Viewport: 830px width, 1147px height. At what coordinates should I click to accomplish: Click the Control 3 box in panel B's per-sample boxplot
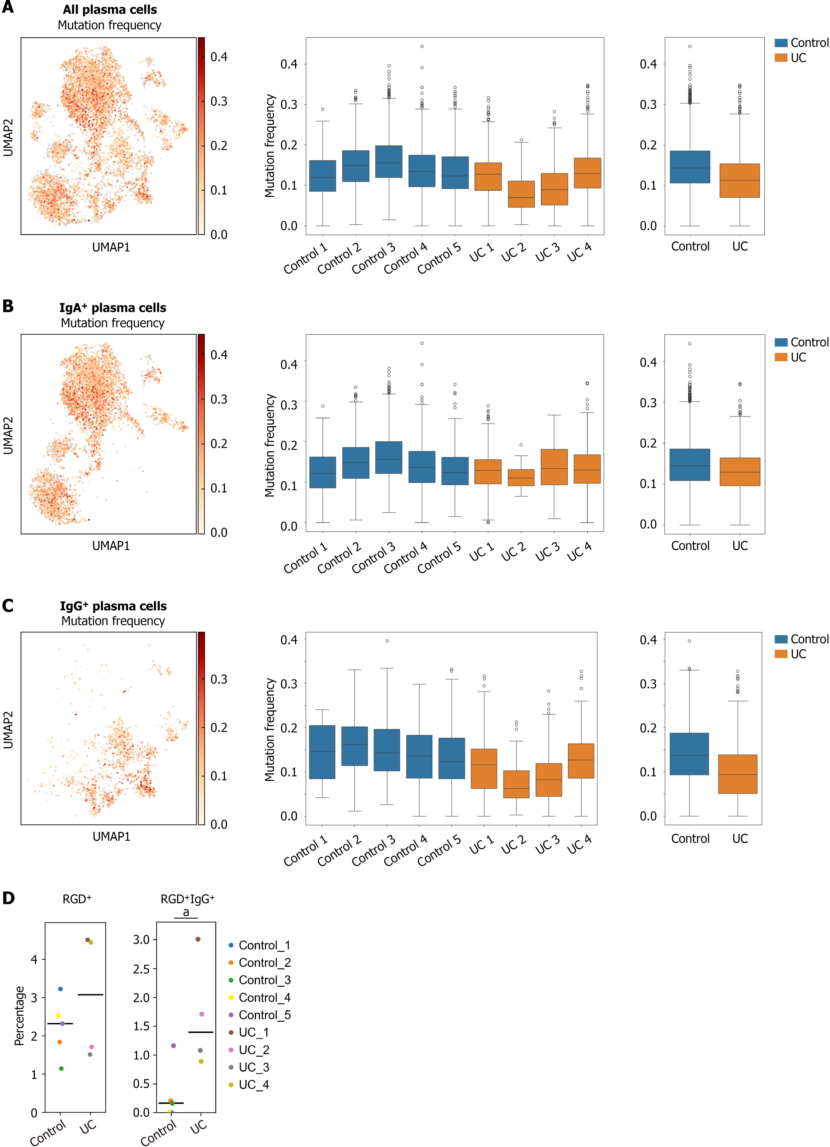tap(388, 458)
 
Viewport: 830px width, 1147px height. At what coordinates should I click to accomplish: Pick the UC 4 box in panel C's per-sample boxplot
tap(581, 761)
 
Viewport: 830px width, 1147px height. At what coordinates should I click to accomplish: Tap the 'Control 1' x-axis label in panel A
tap(305, 258)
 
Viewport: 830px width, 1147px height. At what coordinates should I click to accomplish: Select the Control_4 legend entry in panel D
tap(259, 997)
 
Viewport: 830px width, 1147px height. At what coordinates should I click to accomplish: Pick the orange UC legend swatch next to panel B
tap(781, 357)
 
